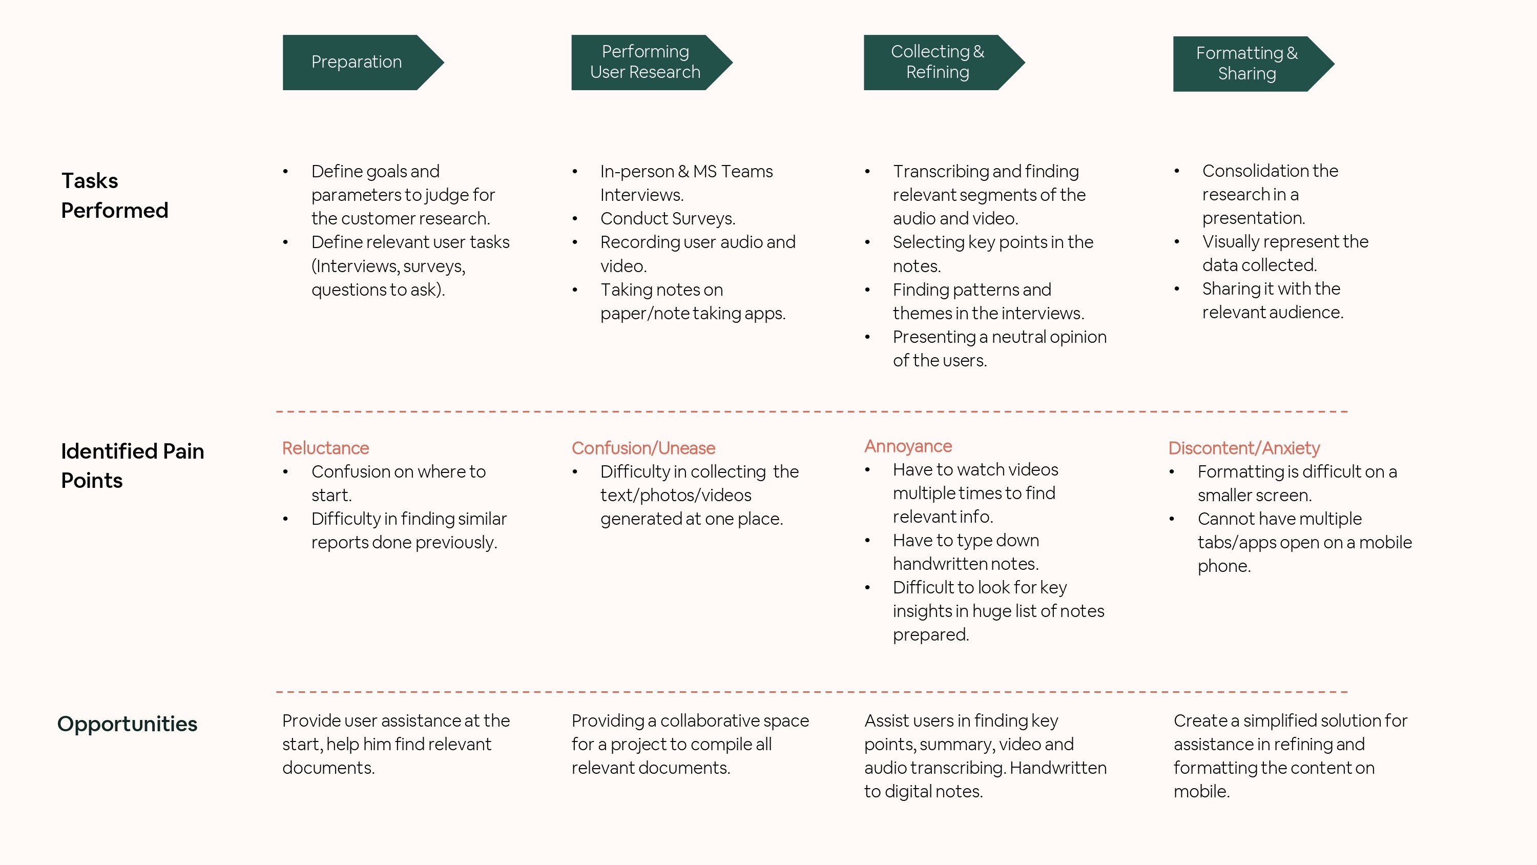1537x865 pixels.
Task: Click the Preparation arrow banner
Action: [357, 62]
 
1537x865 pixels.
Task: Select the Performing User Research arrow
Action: [645, 62]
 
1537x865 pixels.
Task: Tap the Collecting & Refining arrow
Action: [938, 62]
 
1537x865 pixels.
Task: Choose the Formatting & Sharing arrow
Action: [1247, 63]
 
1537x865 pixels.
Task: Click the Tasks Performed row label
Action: [115, 195]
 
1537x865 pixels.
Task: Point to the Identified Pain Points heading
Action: [133, 466]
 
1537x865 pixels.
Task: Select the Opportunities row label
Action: [127, 724]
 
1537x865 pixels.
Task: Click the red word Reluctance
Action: [326, 448]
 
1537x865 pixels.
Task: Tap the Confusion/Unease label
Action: [643, 448]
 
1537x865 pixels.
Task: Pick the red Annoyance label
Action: [908, 446]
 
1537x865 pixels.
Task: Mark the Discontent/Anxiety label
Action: [1244, 448]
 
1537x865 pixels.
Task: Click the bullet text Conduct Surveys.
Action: [668, 218]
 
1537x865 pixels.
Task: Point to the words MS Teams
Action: [733, 171]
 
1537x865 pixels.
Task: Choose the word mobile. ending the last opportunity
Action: [1201, 791]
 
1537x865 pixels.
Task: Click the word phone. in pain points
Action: [1224, 566]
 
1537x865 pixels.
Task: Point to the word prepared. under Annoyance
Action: [931, 634]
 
